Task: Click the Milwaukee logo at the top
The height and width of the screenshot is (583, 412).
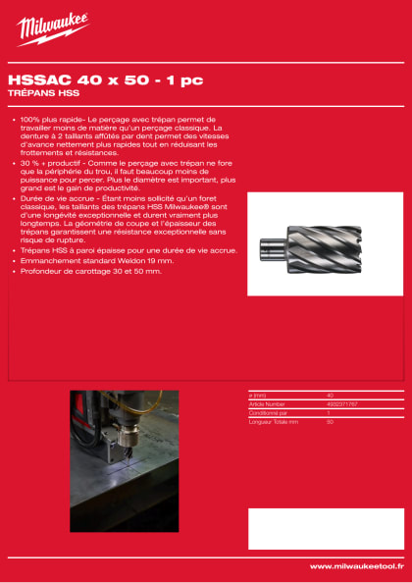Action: tap(52, 28)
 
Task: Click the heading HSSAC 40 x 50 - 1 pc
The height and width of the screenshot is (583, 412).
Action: tap(77, 81)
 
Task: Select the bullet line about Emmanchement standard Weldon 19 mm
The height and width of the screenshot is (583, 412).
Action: tap(94, 260)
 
